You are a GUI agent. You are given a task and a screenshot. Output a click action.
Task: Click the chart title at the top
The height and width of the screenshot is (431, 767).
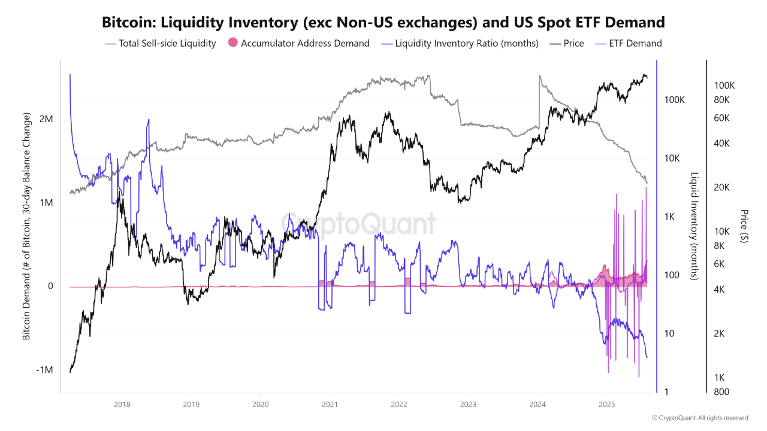[383, 23]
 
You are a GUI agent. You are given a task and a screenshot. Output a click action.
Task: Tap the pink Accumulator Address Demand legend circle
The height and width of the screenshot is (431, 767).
[234, 43]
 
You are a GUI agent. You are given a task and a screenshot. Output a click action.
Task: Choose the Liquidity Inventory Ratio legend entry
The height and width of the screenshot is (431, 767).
[467, 43]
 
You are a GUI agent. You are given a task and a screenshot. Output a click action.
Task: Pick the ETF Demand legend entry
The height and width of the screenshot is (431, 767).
[635, 43]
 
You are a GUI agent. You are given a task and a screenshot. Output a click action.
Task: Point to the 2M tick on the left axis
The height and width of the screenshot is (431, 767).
[46, 119]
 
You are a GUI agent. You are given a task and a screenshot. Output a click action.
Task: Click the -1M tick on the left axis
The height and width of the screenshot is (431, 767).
[44, 370]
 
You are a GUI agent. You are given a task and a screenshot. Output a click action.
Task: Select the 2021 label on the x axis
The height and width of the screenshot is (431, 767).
[330, 404]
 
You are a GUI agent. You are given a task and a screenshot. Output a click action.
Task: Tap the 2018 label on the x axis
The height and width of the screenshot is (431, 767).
[122, 404]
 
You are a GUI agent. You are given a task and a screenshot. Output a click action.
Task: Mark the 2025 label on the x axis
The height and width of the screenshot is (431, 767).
[607, 404]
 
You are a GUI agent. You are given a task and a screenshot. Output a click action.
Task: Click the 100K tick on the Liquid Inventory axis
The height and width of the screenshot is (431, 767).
[674, 99]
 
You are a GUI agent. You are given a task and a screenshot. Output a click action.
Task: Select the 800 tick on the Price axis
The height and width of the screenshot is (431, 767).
[721, 392]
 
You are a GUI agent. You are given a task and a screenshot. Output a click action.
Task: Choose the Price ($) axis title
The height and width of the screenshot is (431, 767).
[744, 226]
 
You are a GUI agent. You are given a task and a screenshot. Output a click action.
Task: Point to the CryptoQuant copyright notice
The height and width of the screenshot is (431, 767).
[699, 418]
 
